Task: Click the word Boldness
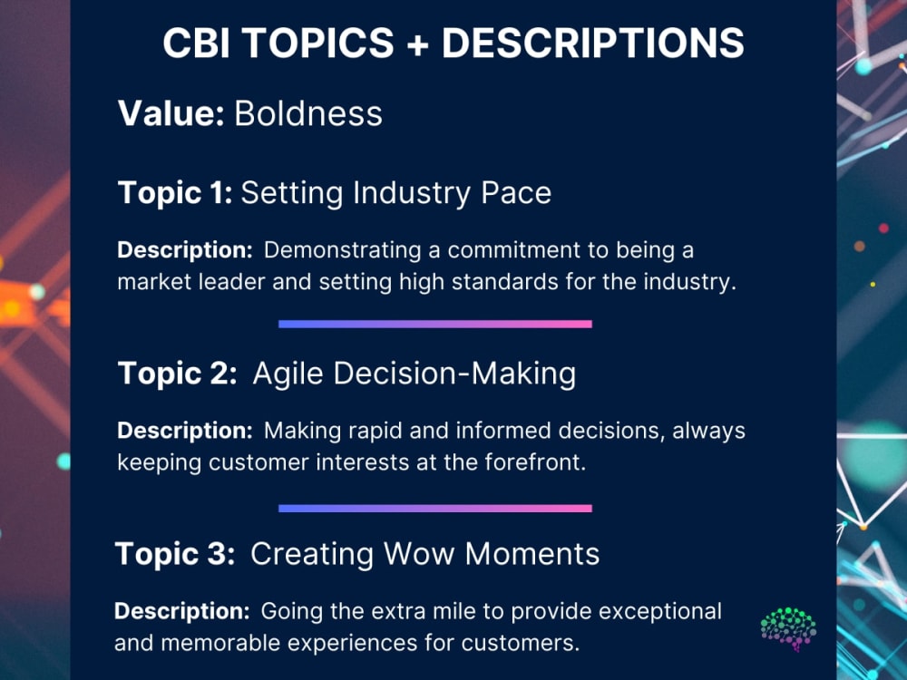(x=308, y=114)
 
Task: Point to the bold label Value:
(x=171, y=114)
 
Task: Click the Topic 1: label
(x=175, y=192)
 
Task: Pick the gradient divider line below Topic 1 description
(x=434, y=324)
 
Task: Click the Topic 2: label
(x=177, y=373)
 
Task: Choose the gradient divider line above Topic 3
(x=434, y=509)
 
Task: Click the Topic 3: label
(x=175, y=553)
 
